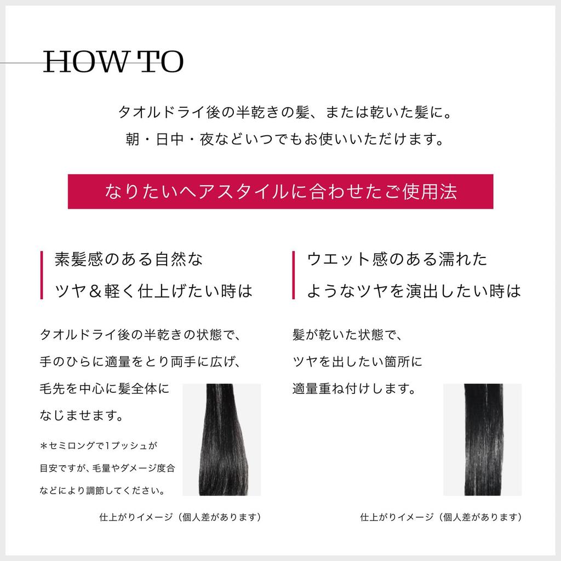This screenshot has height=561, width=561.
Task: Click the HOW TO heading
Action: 113,62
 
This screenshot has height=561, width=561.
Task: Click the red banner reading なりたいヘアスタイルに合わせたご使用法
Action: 280,192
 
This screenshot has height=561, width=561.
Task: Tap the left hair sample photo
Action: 221,439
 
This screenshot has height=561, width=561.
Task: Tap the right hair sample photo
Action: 482,439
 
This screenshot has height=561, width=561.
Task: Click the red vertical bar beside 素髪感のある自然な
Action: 42,275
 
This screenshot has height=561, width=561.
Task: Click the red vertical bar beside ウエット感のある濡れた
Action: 294,275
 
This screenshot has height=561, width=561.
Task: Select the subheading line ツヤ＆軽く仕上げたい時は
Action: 154,291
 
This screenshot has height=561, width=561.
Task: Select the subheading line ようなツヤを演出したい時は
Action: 414,291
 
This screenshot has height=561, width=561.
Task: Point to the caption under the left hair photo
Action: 180,517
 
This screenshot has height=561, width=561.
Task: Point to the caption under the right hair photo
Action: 440,517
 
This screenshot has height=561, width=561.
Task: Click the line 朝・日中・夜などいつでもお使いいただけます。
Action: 284,139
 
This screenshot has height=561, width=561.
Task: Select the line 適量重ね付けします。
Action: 353,390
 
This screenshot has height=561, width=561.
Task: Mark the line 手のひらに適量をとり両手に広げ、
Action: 140,362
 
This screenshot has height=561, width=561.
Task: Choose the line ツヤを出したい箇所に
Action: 357,362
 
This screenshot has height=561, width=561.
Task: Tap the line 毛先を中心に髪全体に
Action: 105,390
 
